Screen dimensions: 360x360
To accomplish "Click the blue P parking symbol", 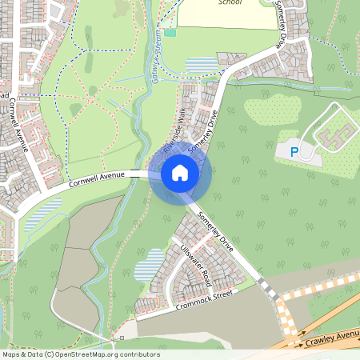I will (x=293, y=151).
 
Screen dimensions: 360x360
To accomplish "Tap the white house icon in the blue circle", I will (x=180, y=172).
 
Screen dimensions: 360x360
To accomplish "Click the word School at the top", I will (x=230, y=2).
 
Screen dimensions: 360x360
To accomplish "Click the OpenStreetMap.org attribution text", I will (x=80, y=354).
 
